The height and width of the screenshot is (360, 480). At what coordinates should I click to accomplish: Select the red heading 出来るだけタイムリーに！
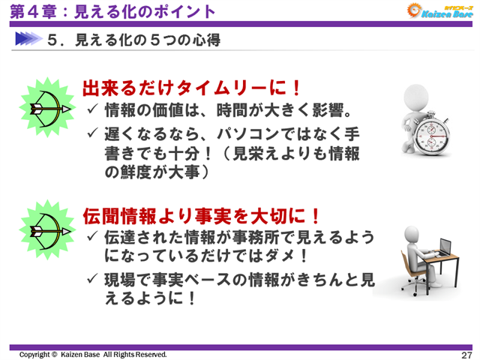[x=192, y=88]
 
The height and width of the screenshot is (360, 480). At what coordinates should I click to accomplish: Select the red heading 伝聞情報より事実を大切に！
[x=202, y=217]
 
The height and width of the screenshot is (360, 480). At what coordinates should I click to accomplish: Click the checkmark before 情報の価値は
[x=92, y=112]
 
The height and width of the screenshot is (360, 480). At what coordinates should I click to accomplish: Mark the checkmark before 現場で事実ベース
[x=92, y=280]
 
